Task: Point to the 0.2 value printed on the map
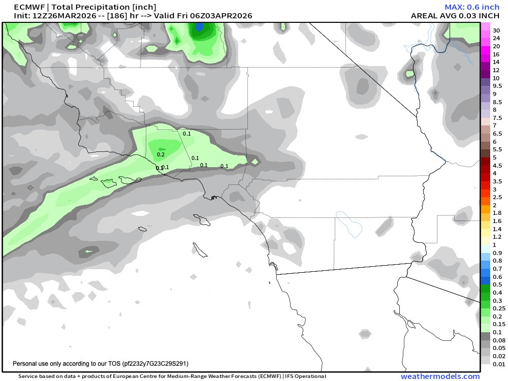point(161,154)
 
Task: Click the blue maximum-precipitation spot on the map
point(200,27)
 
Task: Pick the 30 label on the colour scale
point(496,30)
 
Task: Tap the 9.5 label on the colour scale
point(497,86)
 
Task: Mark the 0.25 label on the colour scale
point(498,308)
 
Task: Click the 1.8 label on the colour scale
point(497,213)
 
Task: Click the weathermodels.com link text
point(440,376)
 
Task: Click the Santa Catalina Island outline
point(204,220)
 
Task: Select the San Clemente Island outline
point(200,250)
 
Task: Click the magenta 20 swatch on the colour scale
point(485,46)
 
